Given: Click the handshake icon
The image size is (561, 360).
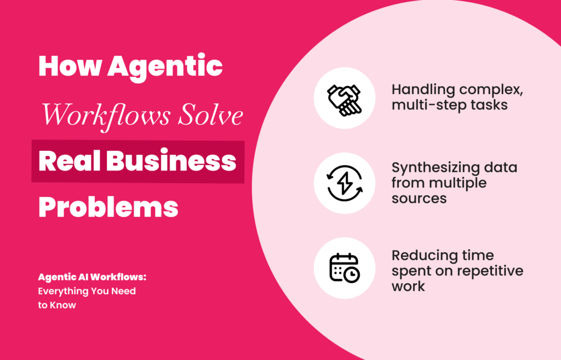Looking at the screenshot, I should point(345,99).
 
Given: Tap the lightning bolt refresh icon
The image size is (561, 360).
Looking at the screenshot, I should point(345,184).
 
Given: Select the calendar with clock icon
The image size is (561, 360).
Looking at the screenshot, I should point(345,268).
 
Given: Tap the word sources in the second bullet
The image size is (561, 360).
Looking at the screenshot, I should point(419,198).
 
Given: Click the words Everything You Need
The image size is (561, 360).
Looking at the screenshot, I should point(87,291).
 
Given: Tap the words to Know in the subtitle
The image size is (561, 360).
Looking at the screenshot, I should point(57,305).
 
